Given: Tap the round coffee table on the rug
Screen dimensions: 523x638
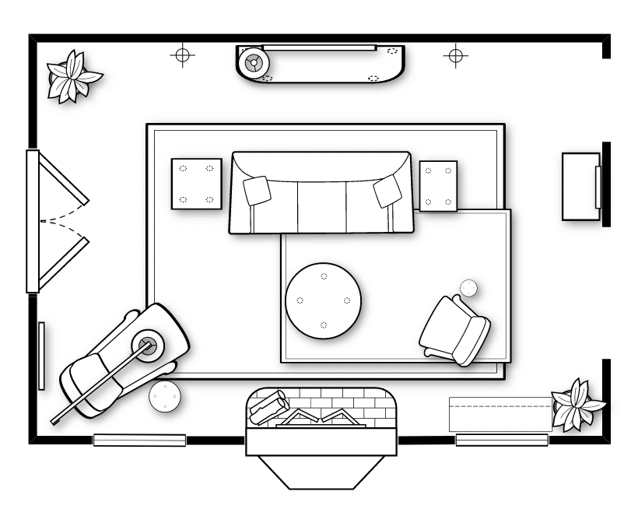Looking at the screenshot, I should (323, 300).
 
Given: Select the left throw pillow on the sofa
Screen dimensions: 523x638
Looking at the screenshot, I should (257, 190).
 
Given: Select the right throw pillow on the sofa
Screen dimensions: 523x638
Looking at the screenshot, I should (387, 191).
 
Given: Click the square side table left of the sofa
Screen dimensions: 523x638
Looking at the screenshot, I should (196, 184).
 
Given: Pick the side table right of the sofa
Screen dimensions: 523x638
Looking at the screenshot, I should (438, 185).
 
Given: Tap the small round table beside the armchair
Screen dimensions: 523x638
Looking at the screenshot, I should (468, 288).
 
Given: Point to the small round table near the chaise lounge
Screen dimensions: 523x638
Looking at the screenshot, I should (164, 398).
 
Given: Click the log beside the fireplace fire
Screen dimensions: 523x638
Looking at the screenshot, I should (268, 406).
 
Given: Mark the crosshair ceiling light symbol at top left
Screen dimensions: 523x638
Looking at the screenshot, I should (182, 55).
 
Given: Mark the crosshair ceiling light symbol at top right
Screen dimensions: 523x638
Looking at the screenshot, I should (455, 55).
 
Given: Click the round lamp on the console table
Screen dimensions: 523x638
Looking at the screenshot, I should (253, 61).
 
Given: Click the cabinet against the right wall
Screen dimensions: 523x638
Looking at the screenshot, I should (580, 187).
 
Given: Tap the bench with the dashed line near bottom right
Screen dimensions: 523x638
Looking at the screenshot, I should (500, 413).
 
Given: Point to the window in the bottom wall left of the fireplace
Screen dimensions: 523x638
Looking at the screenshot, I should (140, 440).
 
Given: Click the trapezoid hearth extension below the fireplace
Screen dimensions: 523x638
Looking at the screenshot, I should (323, 471).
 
